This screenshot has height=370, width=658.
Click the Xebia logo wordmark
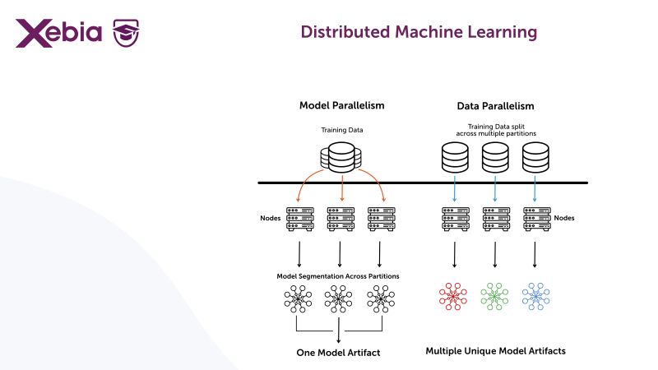coord(58,33)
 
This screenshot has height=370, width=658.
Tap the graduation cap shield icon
coord(127,34)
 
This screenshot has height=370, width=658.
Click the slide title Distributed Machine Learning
coord(419,32)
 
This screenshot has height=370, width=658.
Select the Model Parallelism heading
coord(341,106)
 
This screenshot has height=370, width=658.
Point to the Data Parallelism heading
coord(495,106)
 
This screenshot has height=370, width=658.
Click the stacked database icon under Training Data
coord(341,155)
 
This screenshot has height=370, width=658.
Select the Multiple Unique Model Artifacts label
coord(495,351)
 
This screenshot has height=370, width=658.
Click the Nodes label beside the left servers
coord(269,218)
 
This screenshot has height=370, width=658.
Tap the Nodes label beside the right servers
coord(564,218)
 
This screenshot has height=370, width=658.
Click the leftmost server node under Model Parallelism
coord(299,218)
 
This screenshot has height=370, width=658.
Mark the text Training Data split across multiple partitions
coord(495,130)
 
